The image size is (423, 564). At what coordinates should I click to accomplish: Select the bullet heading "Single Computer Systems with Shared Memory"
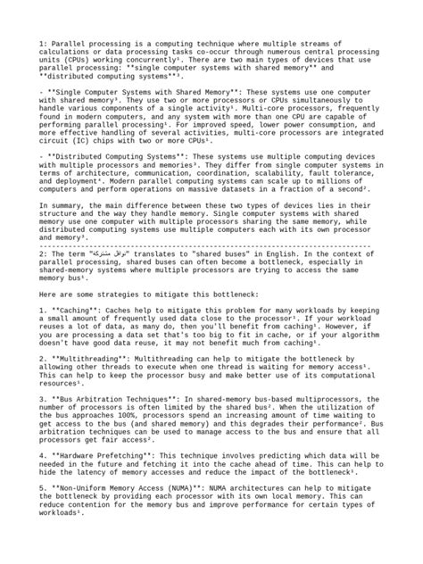(x=137, y=92)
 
